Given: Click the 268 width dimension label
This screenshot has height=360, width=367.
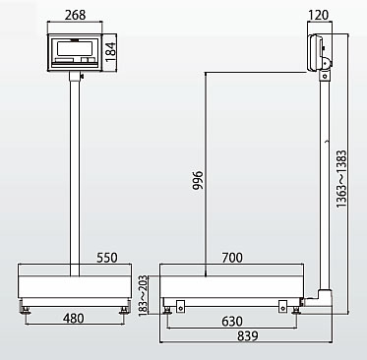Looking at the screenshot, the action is pos(75,15).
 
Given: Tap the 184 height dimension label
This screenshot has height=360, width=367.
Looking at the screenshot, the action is pos(110,51).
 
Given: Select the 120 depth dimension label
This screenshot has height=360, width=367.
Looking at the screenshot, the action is pos(318,15).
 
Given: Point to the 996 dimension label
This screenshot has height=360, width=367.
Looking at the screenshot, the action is pos(198,180).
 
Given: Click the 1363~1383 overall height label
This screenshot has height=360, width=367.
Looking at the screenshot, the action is pos(341,179).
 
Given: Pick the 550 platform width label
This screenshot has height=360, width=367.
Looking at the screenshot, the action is pos(107,258).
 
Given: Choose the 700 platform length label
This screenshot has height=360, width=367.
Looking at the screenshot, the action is pos(232,258).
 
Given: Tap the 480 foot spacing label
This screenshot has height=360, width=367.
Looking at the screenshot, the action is pos(73,319).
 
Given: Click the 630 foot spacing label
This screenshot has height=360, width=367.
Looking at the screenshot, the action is pos(232,322).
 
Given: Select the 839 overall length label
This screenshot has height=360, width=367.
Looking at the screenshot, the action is pos(248,336).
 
